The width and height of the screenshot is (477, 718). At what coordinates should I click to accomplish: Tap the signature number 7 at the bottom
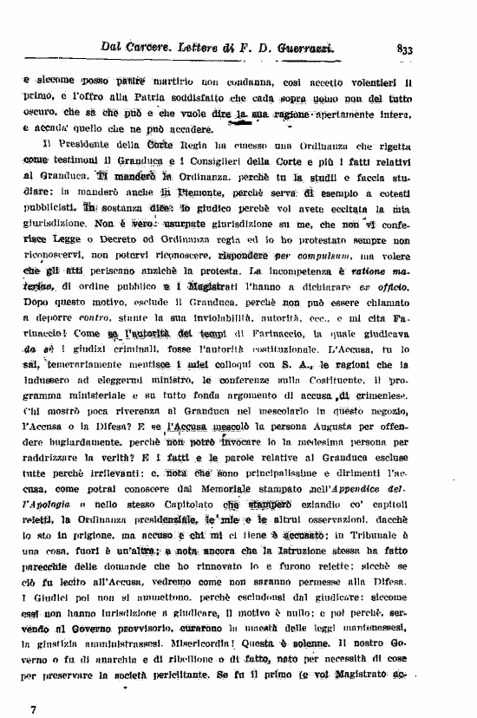(33, 708)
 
